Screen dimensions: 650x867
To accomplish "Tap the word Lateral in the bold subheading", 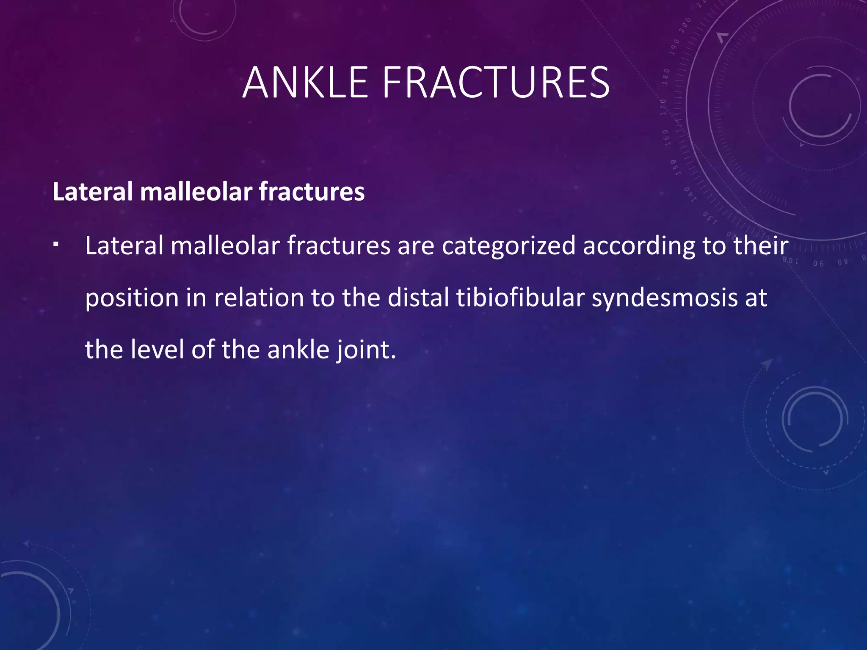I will (x=93, y=191).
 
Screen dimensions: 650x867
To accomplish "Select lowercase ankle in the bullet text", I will (x=298, y=350).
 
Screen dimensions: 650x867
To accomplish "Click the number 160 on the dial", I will (x=665, y=138).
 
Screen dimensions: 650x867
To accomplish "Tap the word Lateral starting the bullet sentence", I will (x=124, y=245).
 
